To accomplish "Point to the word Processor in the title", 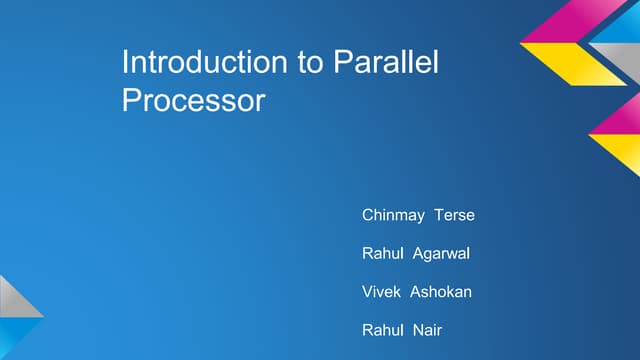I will pos(193,101).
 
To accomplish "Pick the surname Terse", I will pos(454,215).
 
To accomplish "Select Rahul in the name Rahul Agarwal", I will pos(382,254).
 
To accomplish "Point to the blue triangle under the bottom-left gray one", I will pos(12,335).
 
